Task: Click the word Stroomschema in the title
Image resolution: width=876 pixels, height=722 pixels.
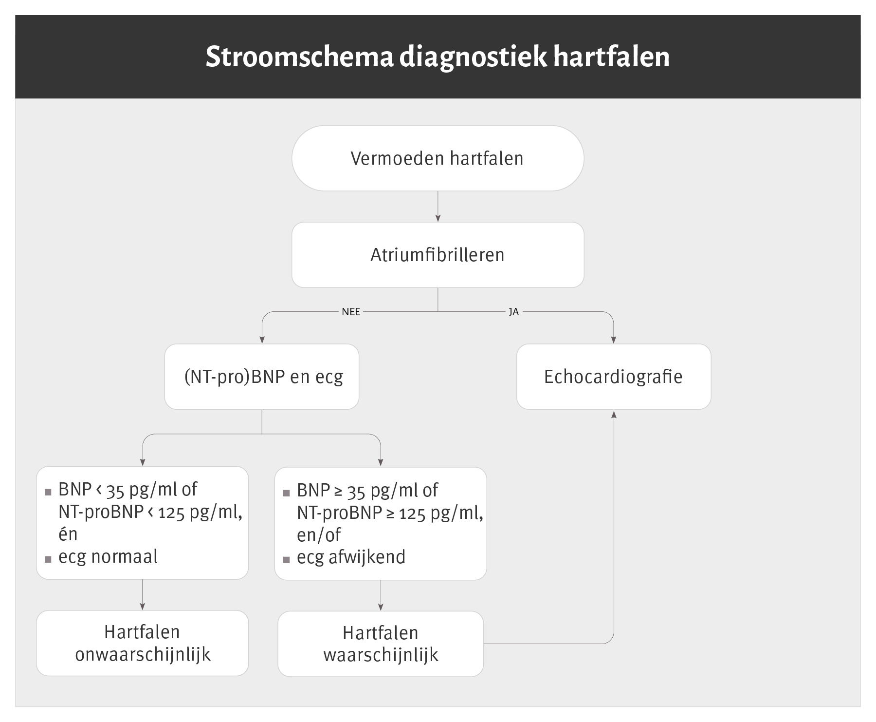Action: [x=299, y=57]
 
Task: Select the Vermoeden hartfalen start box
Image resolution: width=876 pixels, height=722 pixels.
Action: [x=438, y=158]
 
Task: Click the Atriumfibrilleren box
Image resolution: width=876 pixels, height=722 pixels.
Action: [x=438, y=255]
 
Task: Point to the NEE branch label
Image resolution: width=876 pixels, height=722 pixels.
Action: [x=351, y=312]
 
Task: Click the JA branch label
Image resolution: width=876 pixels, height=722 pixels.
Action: [x=514, y=312]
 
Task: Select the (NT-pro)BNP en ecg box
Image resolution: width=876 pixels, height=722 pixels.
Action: [x=262, y=377]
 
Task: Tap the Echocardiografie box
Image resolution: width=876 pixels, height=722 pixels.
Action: [x=614, y=377]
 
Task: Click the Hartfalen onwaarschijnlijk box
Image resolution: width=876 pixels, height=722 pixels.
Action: [x=143, y=643]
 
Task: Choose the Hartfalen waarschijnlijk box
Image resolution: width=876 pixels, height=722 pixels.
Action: [x=381, y=644]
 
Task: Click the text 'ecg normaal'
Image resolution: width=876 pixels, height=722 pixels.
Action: [x=108, y=557]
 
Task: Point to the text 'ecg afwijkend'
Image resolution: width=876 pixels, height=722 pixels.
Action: [x=351, y=557]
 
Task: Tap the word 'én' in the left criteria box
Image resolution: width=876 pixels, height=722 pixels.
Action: [x=68, y=534]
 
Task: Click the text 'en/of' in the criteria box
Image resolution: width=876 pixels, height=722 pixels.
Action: [x=319, y=535]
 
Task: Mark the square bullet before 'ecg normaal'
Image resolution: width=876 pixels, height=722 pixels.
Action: [x=48, y=559]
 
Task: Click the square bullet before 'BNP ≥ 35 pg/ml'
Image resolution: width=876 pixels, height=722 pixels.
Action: [x=286, y=493]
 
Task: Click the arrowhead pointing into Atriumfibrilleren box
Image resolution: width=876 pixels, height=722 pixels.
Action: [x=438, y=219]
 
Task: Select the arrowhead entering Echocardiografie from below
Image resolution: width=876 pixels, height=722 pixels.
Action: [x=614, y=414]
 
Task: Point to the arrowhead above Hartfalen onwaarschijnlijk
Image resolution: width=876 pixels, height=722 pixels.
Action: [x=143, y=607]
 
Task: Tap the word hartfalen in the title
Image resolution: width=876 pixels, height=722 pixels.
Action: [x=611, y=57]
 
